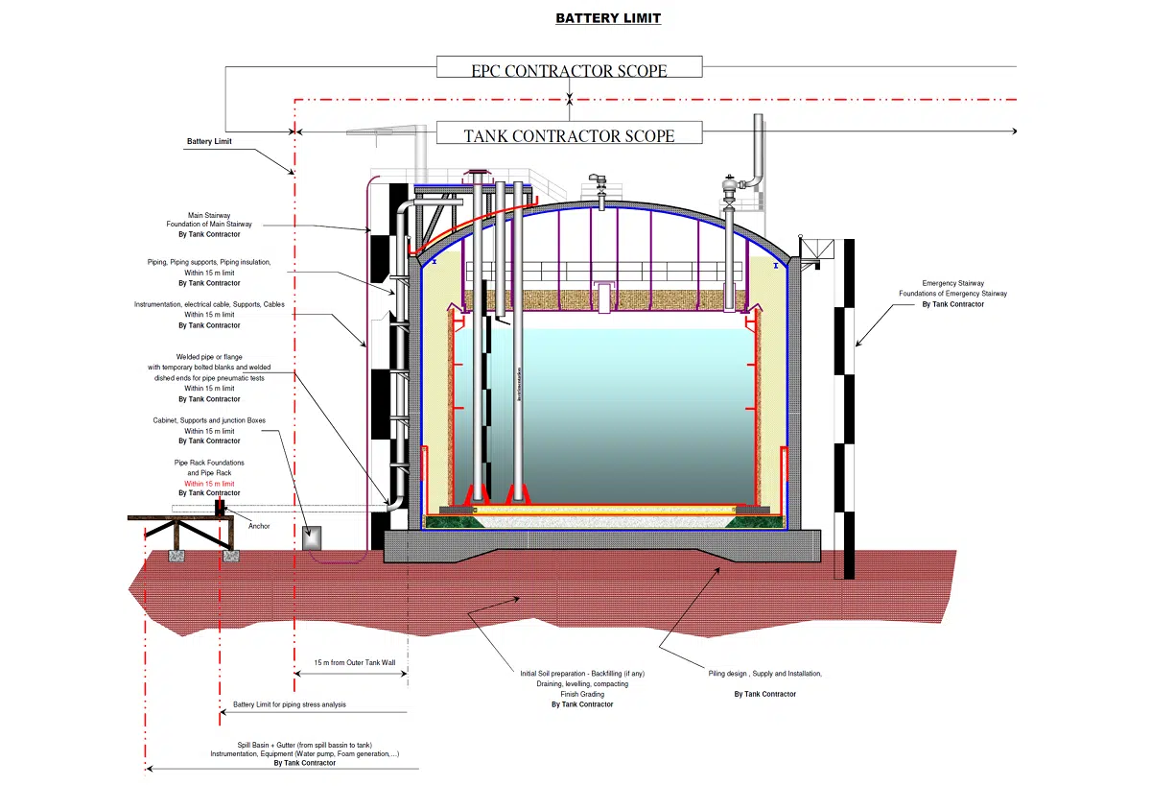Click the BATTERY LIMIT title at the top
(608, 18)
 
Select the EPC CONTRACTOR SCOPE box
(570, 67)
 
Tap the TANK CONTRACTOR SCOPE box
(570, 132)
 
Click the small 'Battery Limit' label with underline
(209, 141)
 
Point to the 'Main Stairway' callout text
(209, 215)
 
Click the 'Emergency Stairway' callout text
(952, 283)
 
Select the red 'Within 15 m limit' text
(209, 484)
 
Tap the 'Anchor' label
(259, 526)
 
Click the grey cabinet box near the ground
(312, 537)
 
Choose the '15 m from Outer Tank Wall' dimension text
(355, 662)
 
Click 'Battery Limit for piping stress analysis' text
(290, 704)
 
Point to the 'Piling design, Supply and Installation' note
(765, 674)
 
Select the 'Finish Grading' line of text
(582, 694)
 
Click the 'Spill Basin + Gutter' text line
(305, 745)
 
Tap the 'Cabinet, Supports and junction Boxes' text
(209, 420)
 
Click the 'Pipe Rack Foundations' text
(209, 463)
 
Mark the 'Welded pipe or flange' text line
(209, 357)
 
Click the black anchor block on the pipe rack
(220, 508)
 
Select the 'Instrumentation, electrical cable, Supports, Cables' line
(209, 304)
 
